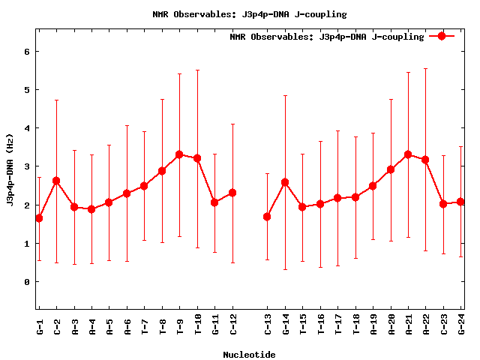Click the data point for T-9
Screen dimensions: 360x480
(x=179, y=154)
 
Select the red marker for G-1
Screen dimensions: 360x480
(x=39, y=218)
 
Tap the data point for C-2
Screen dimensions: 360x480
(x=56, y=181)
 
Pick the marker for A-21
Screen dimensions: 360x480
(x=408, y=154)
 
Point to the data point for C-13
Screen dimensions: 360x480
(x=268, y=217)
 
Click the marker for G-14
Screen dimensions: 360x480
(x=285, y=182)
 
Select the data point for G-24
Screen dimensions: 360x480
(x=460, y=202)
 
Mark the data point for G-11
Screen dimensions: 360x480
(x=214, y=202)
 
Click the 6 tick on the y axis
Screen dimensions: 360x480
(x=27, y=52)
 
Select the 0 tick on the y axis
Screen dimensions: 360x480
(x=27, y=282)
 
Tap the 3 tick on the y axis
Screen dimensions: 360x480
(x=27, y=166)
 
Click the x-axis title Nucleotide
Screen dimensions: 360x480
(x=249, y=355)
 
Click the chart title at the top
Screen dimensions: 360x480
(x=249, y=14)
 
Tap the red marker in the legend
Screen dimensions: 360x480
(x=442, y=36)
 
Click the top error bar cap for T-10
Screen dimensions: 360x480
(x=197, y=70)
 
